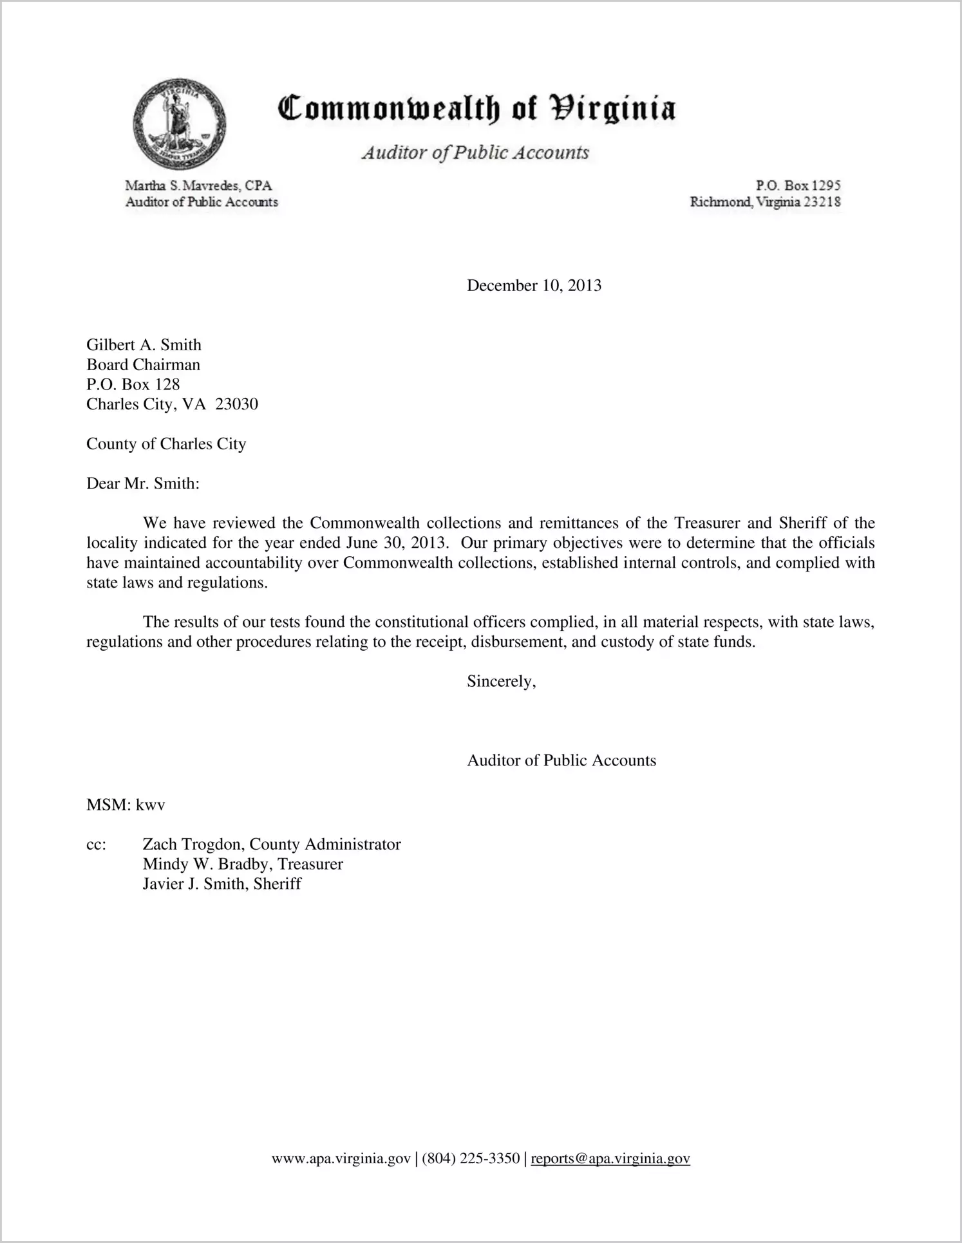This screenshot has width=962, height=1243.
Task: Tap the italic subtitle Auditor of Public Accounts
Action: click(475, 153)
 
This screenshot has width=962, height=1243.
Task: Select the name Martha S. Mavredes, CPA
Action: click(198, 185)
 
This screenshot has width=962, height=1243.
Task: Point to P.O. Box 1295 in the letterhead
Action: click(798, 185)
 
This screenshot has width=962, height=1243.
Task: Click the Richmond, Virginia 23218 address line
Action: click(766, 202)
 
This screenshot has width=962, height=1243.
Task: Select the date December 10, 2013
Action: click(534, 285)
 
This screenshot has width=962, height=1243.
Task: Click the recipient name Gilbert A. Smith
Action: click(144, 345)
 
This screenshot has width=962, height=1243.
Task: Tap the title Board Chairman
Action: click(143, 365)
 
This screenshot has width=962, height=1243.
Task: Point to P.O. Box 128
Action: click(133, 384)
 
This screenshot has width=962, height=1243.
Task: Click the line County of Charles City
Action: click(166, 444)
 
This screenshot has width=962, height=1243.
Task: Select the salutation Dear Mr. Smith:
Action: click(143, 484)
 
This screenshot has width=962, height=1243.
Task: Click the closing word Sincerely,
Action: click(502, 681)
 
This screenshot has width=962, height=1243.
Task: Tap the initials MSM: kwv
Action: click(126, 805)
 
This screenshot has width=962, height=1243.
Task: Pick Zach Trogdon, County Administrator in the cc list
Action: click(271, 845)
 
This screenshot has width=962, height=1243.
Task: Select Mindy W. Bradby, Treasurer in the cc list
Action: click(243, 864)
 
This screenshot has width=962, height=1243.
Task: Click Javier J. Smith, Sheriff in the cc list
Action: click(222, 884)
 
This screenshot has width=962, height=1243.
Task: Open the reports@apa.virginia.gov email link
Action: click(610, 1159)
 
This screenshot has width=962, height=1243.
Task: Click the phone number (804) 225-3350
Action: click(471, 1159)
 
